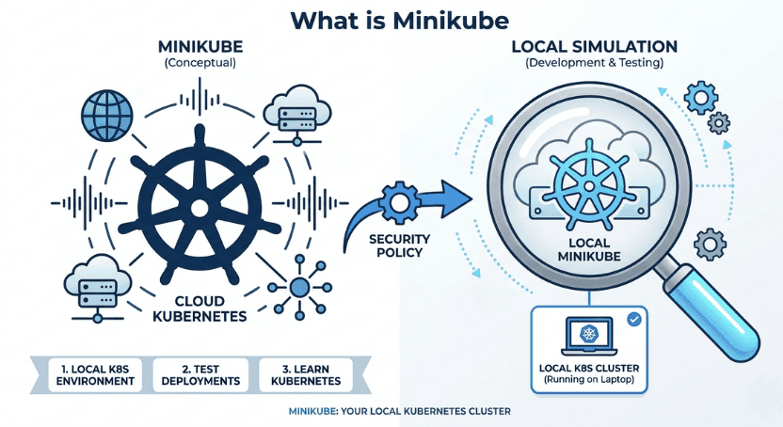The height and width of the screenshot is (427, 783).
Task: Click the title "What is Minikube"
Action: click(391, 21)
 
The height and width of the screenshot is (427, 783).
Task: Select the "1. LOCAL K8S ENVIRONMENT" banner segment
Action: click(90, 374)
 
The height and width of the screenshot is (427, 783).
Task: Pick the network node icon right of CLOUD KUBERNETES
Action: click(299, 286)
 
